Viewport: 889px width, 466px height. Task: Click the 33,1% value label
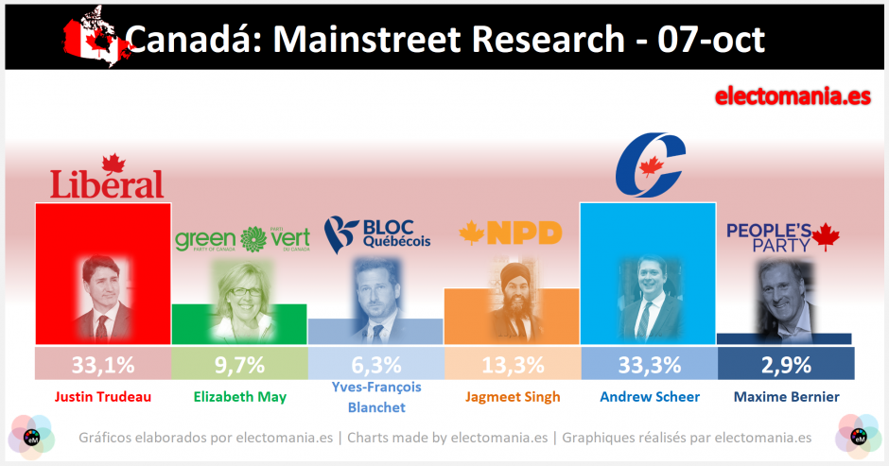[x=102, y=364]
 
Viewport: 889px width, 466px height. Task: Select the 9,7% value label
[x=239, y=364]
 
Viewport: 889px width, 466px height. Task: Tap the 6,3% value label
[x=376, y=364]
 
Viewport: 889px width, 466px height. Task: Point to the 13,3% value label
[x=512, y=364]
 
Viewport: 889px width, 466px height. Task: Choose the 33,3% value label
[x=649, y=364]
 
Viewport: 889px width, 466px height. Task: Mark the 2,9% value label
[x=786, y=364]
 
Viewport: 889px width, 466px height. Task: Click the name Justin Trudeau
[x=102, y=396]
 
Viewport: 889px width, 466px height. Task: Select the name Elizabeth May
[x=239, y=396]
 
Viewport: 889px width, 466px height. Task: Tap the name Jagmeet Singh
[x=512, y=397]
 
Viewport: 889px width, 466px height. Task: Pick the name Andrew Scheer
[x=649, y=396]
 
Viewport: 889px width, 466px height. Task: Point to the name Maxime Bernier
[x=786, y=396]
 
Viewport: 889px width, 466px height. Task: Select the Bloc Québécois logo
[x=376, y=233]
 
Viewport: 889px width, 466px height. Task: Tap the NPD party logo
[x=511, y=233]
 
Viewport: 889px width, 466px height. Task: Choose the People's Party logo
[x=783, y=237]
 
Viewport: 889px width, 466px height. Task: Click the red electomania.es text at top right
[x=793, y=96]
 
